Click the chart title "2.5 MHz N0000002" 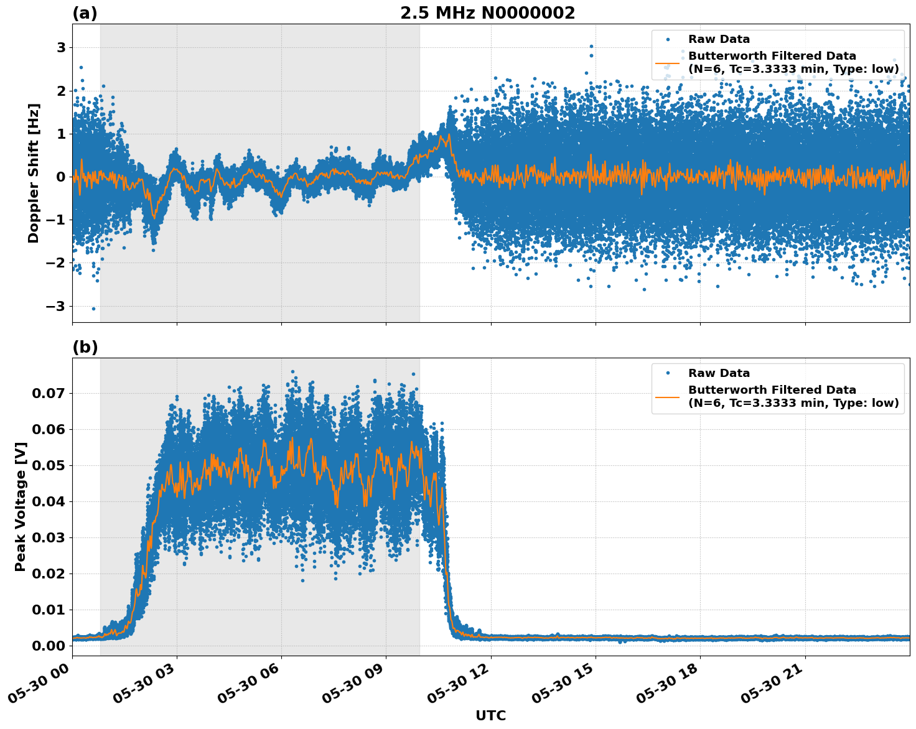(x=487, y=13)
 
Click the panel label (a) (x=85, y=13)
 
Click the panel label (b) (x=85, y=347)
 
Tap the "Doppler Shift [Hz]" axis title (x=34, y=173)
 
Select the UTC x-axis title (x=490, y=715)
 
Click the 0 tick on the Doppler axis (x=61, y=177)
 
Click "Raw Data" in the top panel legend (x=719, y=39)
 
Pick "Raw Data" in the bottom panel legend (x=719, y=373)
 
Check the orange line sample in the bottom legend (x=668, y=396)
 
